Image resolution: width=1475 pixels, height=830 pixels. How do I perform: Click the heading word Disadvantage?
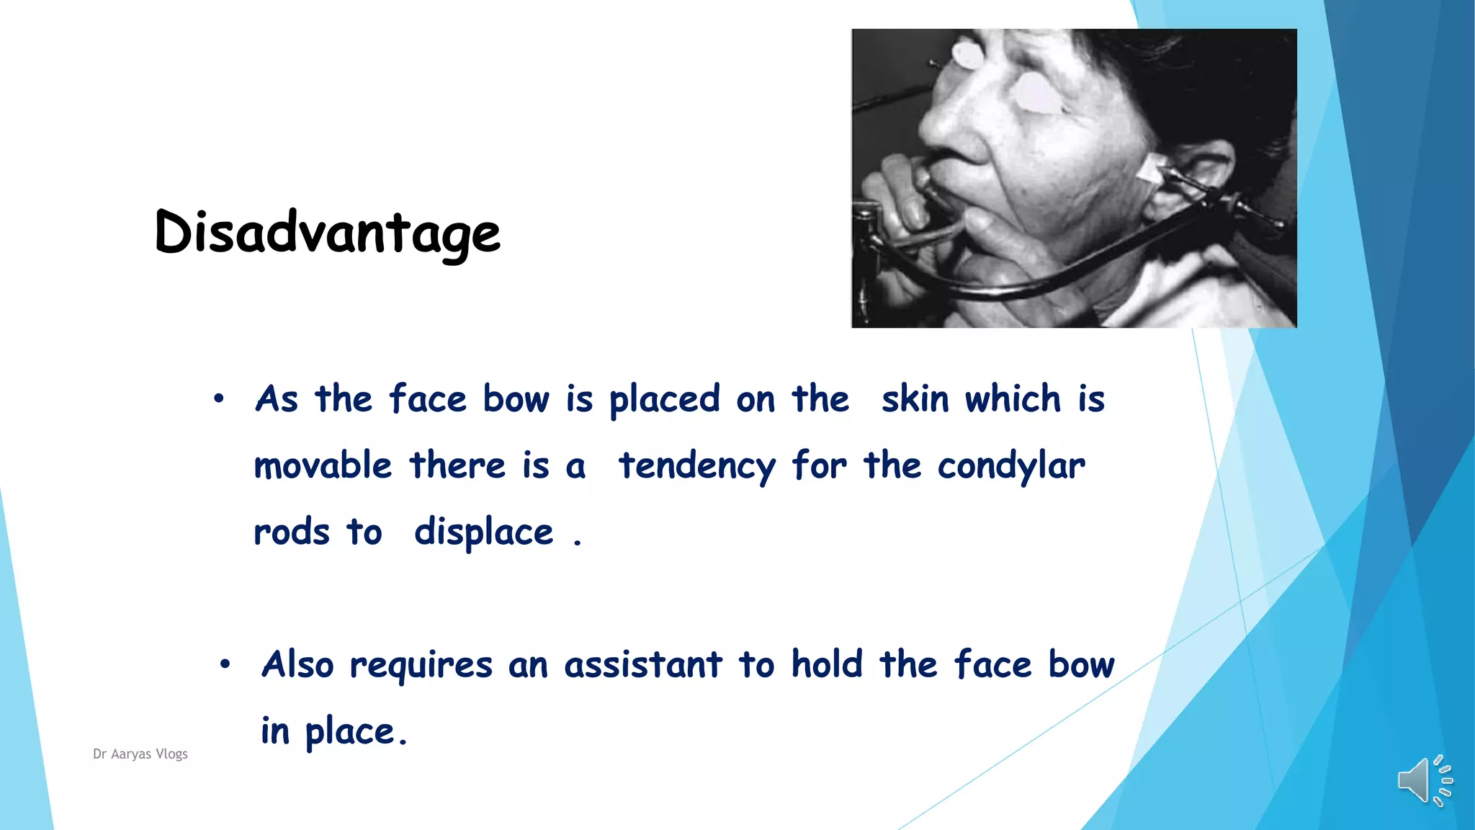(327, 233)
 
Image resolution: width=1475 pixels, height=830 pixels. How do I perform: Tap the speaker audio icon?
(1424, 780)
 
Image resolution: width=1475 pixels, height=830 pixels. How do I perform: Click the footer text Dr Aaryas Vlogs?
(140, 754)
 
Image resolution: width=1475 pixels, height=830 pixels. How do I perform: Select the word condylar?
(1010, 466)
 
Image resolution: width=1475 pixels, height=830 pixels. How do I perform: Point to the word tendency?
(696, 466)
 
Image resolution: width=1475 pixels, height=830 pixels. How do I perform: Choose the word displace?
(483, 533)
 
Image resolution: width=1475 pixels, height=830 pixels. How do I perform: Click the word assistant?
(642, 664)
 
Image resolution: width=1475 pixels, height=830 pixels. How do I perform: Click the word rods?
(291, 532)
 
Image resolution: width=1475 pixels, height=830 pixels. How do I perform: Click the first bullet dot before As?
(219, 398)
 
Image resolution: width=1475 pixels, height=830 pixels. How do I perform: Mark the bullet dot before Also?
(225, 664)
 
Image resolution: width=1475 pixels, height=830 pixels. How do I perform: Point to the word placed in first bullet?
(664, 400)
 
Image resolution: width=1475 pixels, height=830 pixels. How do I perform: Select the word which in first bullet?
(1013, 398)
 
